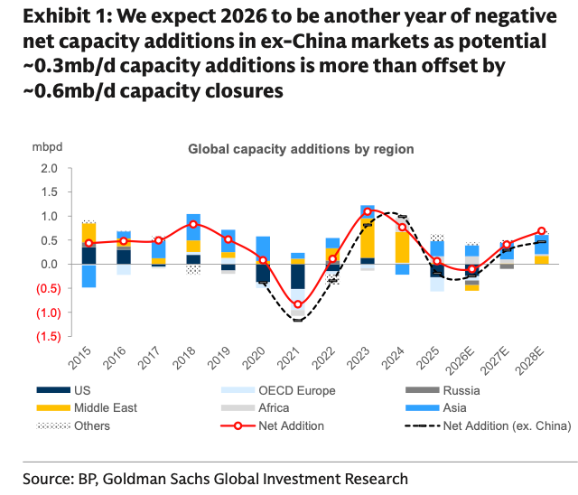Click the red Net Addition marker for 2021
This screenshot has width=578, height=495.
298,304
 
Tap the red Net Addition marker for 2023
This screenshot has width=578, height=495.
368,211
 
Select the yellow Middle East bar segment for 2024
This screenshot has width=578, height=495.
402,247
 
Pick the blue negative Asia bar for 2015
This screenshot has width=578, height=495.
89,276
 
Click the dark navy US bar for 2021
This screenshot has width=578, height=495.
298,276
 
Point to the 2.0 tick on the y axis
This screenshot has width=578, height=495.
50,168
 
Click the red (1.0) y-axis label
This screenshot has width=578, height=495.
48,313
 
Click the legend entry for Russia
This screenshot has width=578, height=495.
443,390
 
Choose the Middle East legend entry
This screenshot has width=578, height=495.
87,407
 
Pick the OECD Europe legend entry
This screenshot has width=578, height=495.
278,390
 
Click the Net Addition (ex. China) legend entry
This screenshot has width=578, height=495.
488,425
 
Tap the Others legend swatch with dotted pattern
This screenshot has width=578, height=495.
53,426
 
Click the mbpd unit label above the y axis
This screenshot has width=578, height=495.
47,147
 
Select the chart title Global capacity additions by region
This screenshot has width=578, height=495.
301,149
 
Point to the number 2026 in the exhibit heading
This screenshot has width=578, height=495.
244,16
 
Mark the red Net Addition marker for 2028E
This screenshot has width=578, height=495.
541,231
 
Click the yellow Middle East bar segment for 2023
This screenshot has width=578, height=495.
368,238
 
